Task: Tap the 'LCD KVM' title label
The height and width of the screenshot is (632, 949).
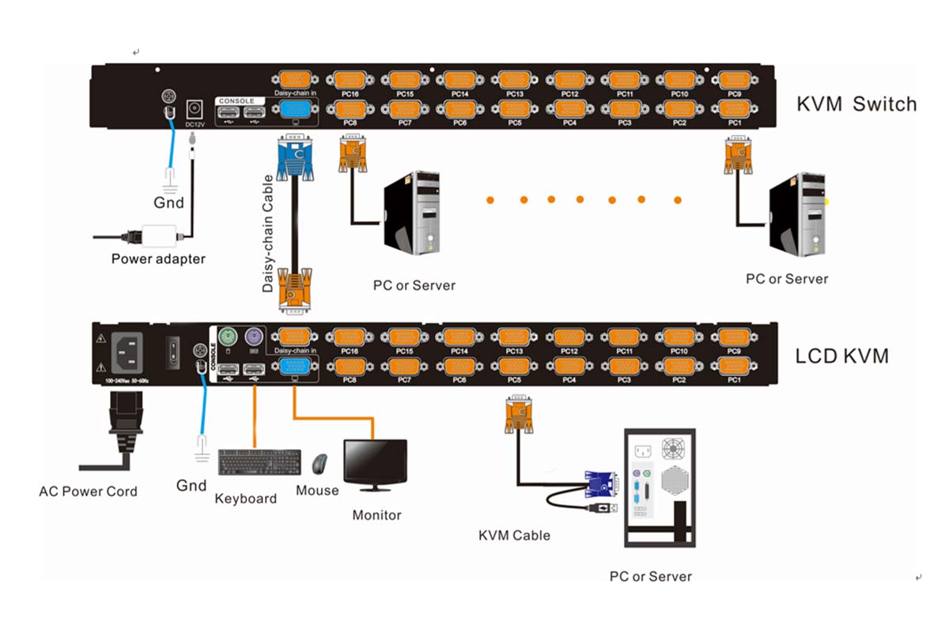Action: [841, 356]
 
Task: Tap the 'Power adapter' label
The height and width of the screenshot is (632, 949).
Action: [158, 258]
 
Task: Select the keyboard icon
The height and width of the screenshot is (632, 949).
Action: [259, 461]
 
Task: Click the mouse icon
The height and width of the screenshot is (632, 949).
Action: [320, 463]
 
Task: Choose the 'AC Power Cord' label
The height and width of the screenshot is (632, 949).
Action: [88, 491]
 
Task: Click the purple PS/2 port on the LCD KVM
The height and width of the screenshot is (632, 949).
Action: [254, 335]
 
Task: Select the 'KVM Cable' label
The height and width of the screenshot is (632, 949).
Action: [514, 536]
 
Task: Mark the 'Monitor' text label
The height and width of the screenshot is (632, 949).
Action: [376, 515]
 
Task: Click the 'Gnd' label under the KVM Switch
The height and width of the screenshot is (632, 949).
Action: [168, 203]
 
